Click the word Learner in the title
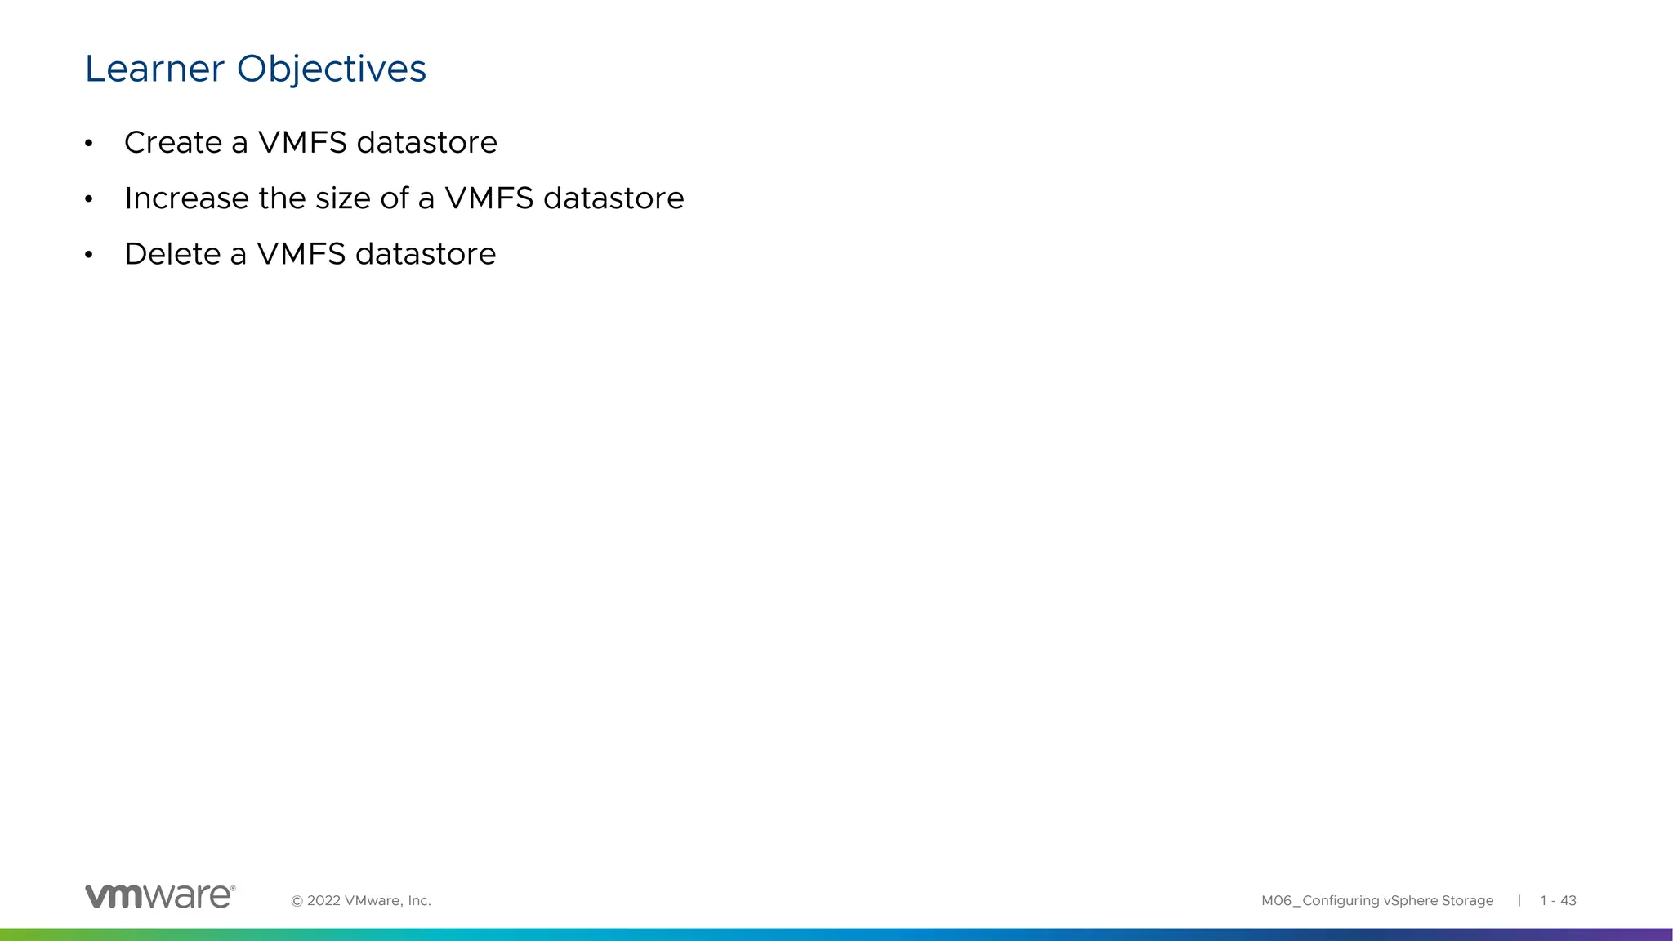(x=154, y=69)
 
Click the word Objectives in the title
(x=331, y=69)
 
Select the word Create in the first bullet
(x=173, y=143)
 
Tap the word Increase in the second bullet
(x=186, y=198)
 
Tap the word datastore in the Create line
(x=427, y=143)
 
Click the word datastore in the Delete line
(x=426, y=254)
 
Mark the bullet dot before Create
(x=89, y=145)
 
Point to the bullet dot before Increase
(x=89, y=200)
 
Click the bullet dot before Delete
(x=89, y=256)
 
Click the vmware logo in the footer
(x=160, y=896)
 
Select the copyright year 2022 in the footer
(x=323, y=901)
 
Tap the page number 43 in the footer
(x=1568, y=901)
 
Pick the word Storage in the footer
(x=1467, y=901)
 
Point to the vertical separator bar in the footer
(x=1519, y=900)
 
